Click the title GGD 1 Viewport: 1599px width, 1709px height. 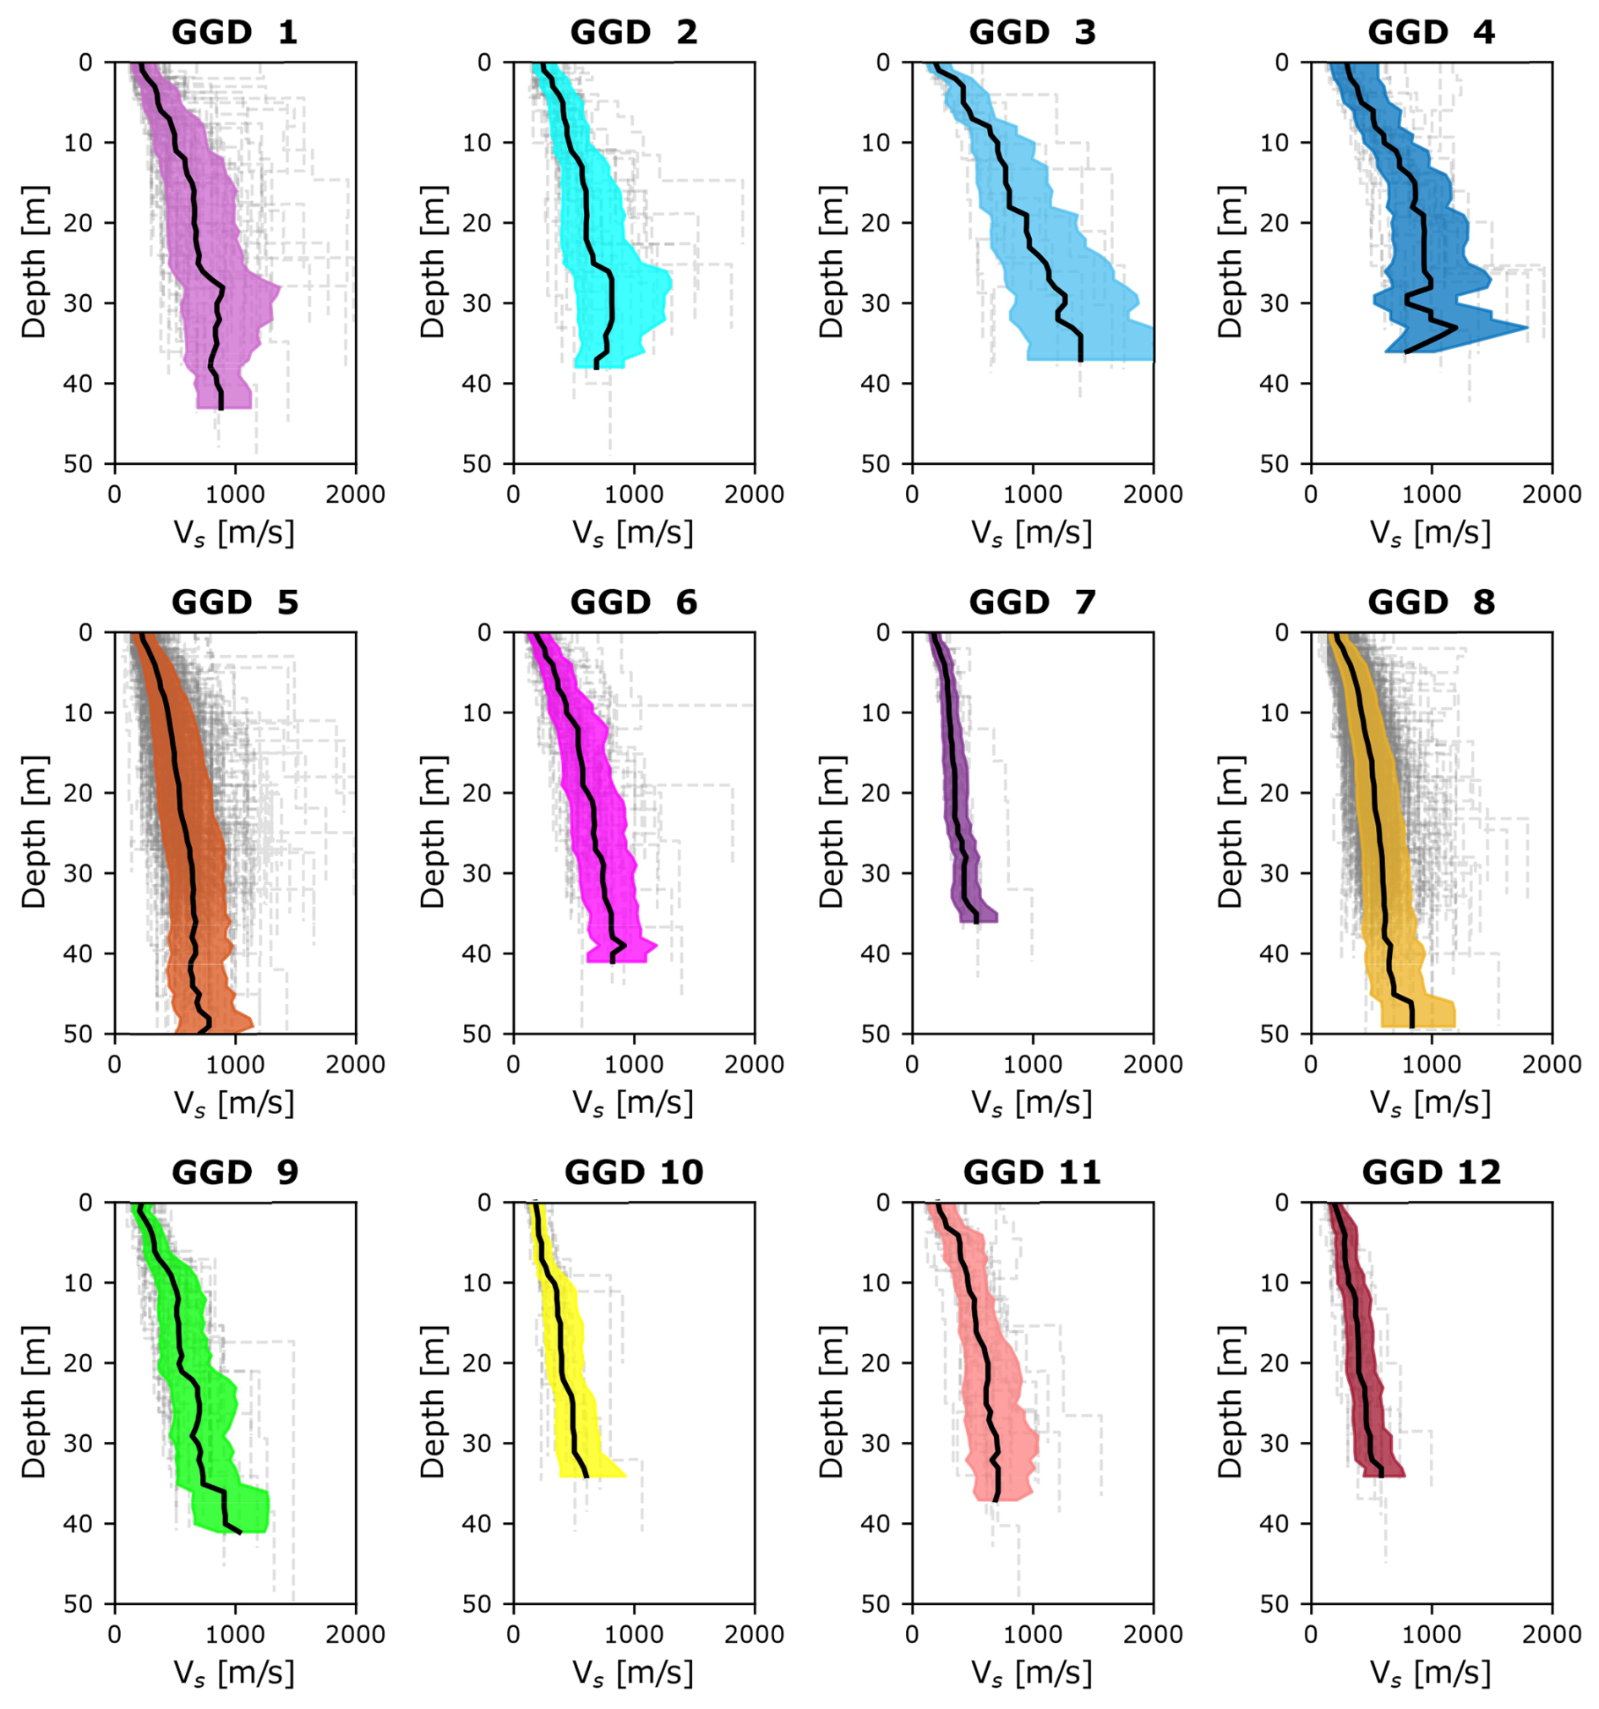(234, 33)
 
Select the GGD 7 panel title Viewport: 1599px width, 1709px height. (1032, 603)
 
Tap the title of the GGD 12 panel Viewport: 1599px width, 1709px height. (1431, 1172)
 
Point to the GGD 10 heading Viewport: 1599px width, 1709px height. (634, 1172)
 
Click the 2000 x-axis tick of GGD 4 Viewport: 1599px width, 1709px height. (1552, 494)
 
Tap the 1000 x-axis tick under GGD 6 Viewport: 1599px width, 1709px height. (634, 1064)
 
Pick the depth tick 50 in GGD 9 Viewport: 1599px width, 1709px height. (79, 1604)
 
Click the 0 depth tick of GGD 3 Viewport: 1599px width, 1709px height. (883, 63)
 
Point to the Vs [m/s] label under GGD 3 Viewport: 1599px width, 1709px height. (1032, 533)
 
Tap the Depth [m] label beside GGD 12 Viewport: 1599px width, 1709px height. (1231, 1402)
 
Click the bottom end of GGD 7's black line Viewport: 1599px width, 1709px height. (977, 922)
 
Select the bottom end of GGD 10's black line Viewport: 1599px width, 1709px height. (587, 1476)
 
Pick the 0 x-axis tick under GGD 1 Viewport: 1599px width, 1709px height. (114, 494)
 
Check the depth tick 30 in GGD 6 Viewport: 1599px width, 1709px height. (478, 873)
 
